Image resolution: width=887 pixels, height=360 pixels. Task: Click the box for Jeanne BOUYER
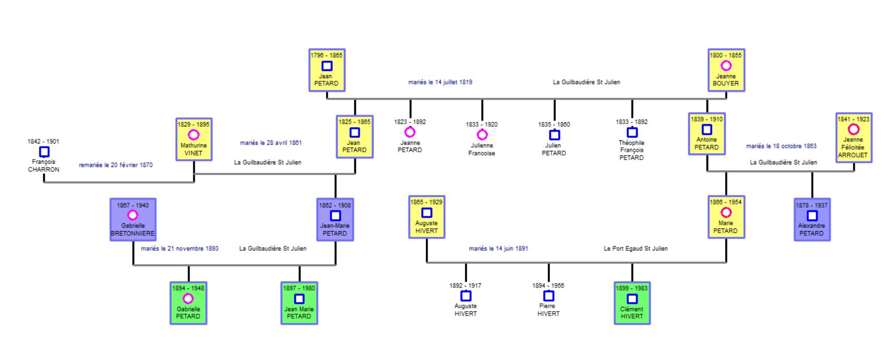pos(726,70)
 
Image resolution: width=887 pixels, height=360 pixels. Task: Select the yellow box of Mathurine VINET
pos(194,139)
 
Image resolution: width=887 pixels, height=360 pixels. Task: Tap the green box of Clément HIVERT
pos(632,303)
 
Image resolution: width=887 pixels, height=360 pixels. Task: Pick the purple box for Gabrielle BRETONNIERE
pos(133,219)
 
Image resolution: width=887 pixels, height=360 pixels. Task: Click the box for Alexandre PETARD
pos(811,219)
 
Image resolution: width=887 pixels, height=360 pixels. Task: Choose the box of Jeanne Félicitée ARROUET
pos(853,138)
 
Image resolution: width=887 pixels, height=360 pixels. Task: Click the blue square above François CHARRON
pos(44,152)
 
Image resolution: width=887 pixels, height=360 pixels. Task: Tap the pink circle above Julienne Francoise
pos(482,135)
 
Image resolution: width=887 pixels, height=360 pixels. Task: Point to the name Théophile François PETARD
pos(631,150)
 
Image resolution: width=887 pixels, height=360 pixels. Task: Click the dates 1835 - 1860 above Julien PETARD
pos(554,125)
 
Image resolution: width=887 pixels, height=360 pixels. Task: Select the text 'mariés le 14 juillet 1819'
pos(440,82)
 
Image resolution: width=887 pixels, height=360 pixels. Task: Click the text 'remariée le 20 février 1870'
pos(116,165)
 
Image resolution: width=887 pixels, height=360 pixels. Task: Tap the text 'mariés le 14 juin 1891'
pos(498,248)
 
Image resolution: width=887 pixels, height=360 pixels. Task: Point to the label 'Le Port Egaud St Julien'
pos(636,248)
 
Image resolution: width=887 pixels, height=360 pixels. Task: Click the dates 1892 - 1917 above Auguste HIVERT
pos(465,285)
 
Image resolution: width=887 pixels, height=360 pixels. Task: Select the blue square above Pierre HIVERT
pos(548,296)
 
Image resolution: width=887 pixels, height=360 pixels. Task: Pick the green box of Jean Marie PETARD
pos(299,303)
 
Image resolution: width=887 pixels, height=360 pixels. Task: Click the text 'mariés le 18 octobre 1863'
pos(781,146)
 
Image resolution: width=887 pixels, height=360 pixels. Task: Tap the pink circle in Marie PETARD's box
pos(726,212)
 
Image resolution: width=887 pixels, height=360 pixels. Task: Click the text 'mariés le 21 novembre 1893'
pos(179,248)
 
